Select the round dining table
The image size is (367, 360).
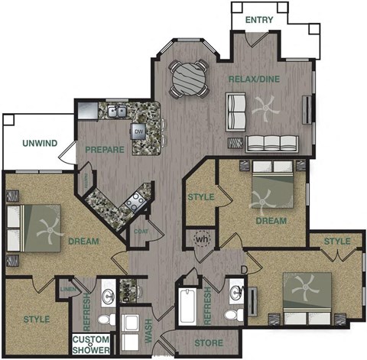tap(188, 76)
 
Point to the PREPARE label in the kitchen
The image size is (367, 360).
tap(104, 149)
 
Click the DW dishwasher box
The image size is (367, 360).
tap(139, 131)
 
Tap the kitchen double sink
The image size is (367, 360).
tap(117, 112)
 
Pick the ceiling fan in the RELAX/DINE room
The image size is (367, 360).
tap(265, 109)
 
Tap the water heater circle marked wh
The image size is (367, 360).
tap(202, 238)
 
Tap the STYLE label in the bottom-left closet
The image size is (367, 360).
tap(36, 319)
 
